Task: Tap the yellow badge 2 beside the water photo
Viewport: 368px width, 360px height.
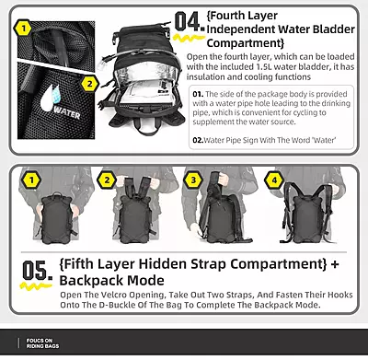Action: (x=89, y=84)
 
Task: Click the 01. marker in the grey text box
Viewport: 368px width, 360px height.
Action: (x=198, y=94)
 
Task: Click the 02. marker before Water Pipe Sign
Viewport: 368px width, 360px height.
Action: (x=197, y=142)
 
